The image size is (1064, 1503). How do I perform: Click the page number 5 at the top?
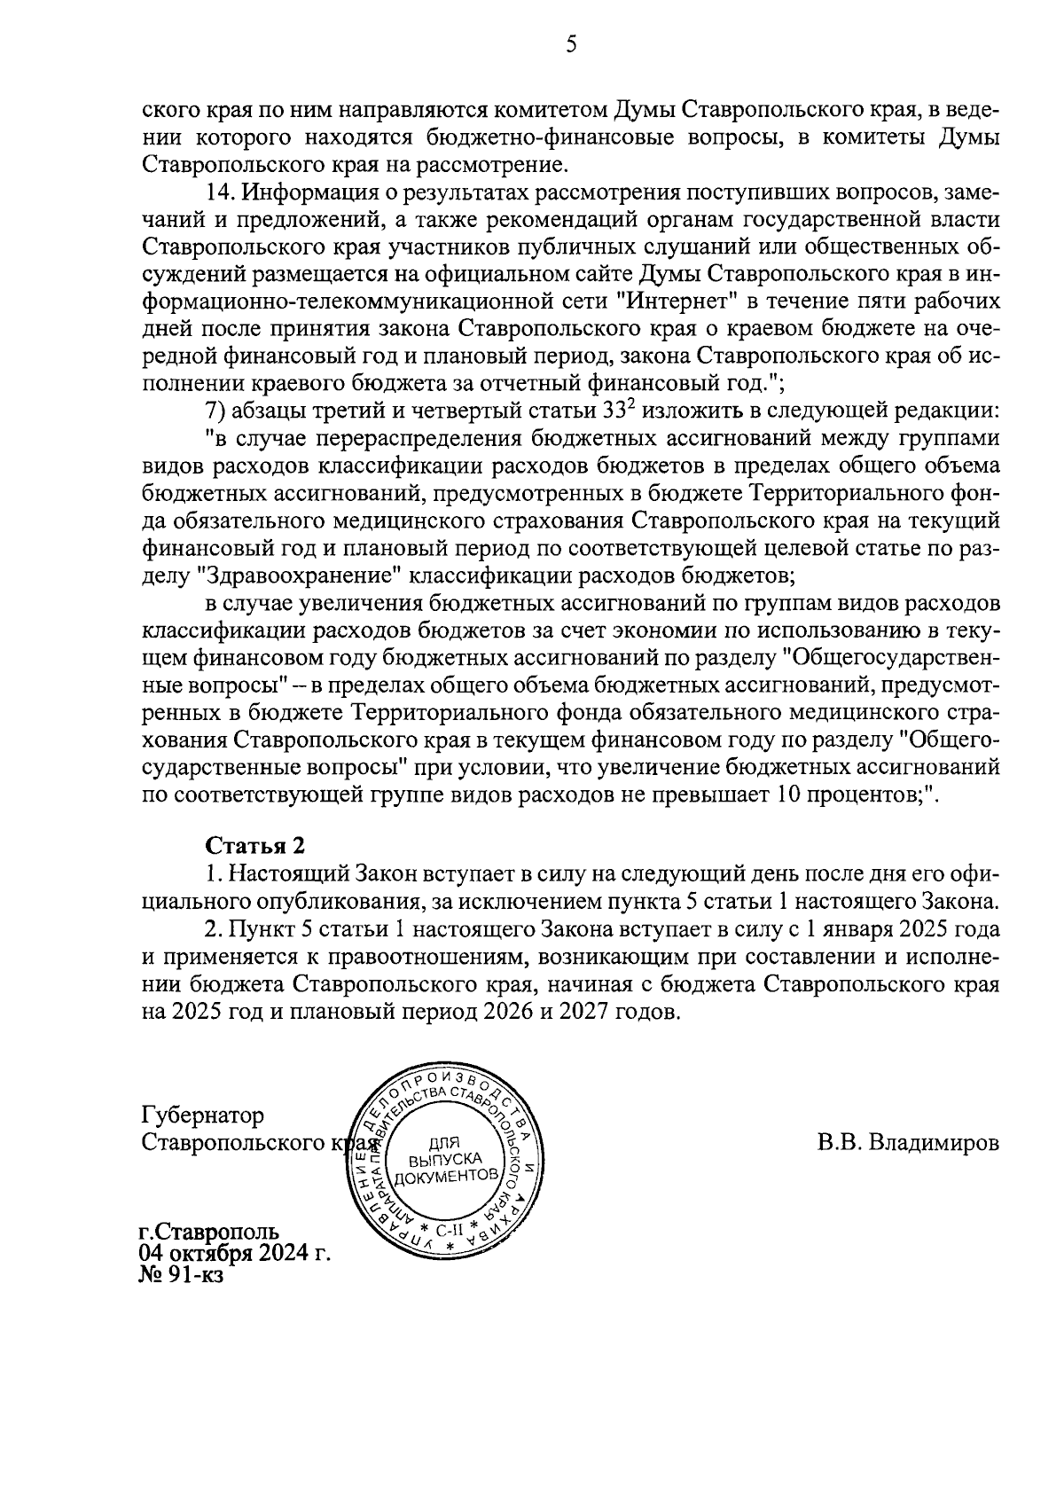pos(571,44)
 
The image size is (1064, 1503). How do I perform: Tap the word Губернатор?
pos(203,1115)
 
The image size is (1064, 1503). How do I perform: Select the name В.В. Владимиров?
pos(908,1142)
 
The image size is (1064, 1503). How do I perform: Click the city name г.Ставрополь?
pos(209,1232)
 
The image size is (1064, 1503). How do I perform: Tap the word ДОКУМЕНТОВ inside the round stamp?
pos(442,1177)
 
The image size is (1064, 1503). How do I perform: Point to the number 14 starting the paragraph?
pos(218,192)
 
